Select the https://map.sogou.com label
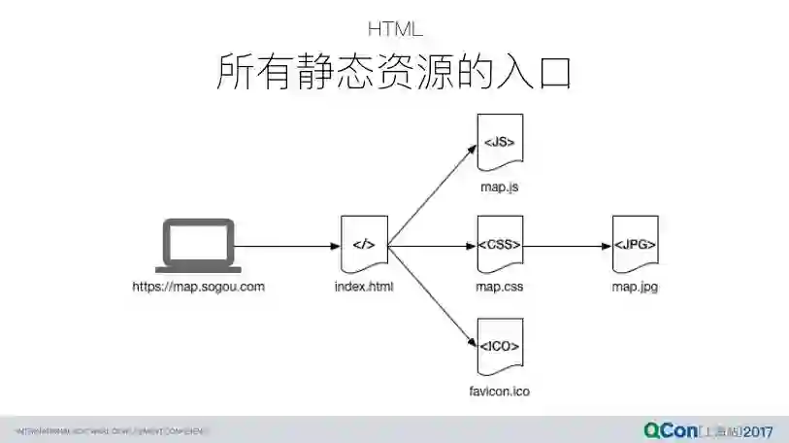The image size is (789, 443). pos(199,287)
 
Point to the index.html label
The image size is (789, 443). pos(364,287)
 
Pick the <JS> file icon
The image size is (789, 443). pos(500,144)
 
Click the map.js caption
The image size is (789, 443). pos(500,187)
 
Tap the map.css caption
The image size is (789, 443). pos(500,287)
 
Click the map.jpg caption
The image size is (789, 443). pos(635,287)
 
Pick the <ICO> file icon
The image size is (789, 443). pos(500,347)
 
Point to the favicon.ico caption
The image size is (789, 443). pos(500,391)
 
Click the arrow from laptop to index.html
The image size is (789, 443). pos(287,246)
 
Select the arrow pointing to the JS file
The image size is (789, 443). pos(432,195)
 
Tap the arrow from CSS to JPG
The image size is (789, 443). pos(568,246)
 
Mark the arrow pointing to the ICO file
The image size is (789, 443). pos(432,295)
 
